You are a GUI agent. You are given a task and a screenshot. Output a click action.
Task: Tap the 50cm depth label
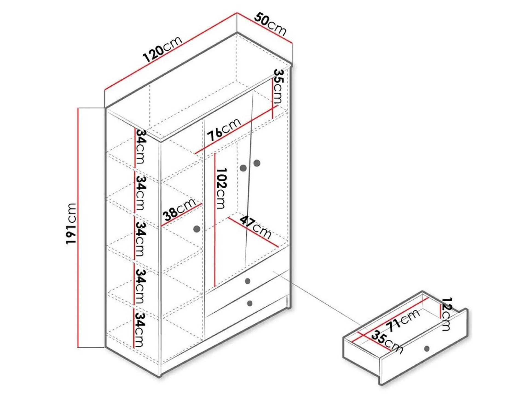coord(270,24)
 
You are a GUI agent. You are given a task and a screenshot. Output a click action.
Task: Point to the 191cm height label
coord(71,223)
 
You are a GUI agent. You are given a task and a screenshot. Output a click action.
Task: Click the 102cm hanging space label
coord(221,188)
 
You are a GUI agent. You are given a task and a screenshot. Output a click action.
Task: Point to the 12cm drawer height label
coord(446,314)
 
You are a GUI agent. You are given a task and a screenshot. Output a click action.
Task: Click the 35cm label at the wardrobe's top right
coord(278,86)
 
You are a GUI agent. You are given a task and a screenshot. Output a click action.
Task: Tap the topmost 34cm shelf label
coord(140,146)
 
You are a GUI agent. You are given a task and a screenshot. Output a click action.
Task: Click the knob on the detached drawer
coord(427,348)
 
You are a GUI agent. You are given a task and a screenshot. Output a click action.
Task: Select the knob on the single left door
coord(197,229)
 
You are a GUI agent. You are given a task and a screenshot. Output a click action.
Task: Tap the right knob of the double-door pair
coord(257,163)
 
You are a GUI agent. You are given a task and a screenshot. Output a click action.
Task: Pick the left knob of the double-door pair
coord(243,168)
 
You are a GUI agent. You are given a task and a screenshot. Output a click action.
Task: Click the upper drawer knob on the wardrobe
coord(248,281)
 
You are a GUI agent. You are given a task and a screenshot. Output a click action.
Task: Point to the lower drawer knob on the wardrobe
coord(250,303)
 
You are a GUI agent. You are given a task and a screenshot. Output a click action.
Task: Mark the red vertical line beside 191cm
coord(78,228)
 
